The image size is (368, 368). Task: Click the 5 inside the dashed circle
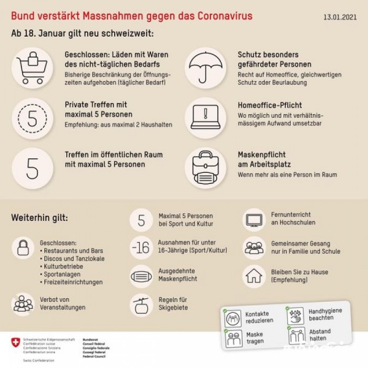click(x=32, y=119)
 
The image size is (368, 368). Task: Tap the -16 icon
click(x=141, y=248)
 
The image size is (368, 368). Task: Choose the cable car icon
click(x=141, y=303)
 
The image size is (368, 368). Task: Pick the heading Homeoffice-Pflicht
click(x=270, y=105)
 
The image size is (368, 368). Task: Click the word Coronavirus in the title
click(x=223, y=16)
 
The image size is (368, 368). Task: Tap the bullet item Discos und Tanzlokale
click(x=74, y=259)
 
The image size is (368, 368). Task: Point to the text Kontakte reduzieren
click(x=257, y=318)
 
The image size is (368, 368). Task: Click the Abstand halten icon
click(x=296, y=335)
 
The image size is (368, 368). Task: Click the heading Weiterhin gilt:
click(x=39, y=218)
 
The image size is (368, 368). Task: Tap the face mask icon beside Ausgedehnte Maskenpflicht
click(x=141, y=275)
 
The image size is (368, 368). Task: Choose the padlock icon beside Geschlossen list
click(x=23, y=247)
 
